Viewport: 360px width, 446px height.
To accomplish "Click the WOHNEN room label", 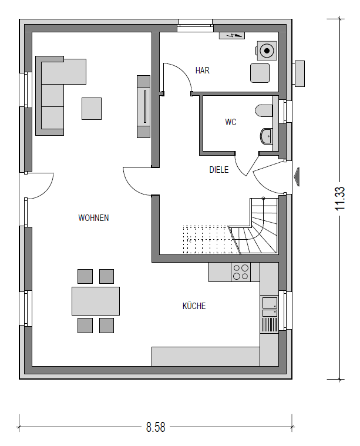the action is tap(93, 218).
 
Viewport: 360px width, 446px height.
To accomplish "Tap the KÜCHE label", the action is tap(194, 306).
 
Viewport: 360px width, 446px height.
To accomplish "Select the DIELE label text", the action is tap(219, 170).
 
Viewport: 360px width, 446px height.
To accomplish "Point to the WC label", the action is tap(231, 122).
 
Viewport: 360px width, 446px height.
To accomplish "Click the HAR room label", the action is tap(203, 71).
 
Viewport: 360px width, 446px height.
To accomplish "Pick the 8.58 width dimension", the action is tap(156, 427).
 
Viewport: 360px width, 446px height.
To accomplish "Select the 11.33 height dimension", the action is tap(340, 198).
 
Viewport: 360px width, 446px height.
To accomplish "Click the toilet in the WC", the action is tap(264, 110).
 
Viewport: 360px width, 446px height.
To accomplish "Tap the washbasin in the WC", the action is tap(267, 136).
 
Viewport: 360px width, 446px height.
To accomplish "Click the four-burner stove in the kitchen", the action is tap(241, 272).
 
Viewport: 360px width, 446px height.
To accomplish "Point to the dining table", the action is tap(96, 301).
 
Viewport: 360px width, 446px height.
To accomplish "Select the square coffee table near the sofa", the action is tap(92, 109).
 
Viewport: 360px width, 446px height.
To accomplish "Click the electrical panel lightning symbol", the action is tap(232, 36).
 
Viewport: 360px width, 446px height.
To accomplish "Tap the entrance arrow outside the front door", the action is tap(297, 177).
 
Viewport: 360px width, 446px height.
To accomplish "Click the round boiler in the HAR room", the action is tap(267, 51).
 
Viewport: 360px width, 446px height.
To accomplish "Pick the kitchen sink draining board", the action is tap(269, 324).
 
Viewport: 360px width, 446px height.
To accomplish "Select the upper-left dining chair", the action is tap(85, 277).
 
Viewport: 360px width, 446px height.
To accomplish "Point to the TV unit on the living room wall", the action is tap(144, 107).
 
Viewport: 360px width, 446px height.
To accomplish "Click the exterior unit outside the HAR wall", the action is tap(298, 73).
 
